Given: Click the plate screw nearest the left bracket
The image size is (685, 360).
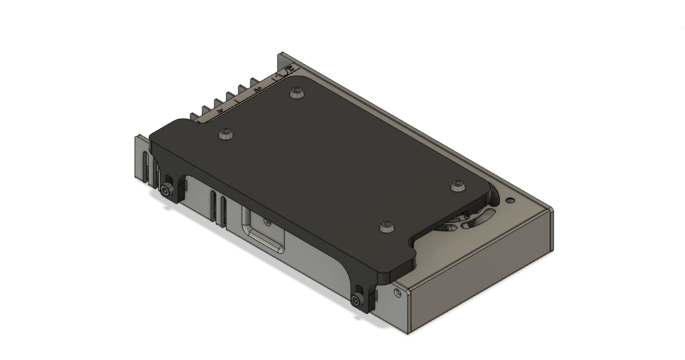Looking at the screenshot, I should coord(225,134).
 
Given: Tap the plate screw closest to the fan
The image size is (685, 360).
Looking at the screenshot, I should coord(458,185).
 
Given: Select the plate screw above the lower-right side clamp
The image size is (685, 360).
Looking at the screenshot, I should coord(386,227).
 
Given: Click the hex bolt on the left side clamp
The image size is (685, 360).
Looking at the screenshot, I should coord(165,191).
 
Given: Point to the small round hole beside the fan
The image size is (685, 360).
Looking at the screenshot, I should coord(510,199).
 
